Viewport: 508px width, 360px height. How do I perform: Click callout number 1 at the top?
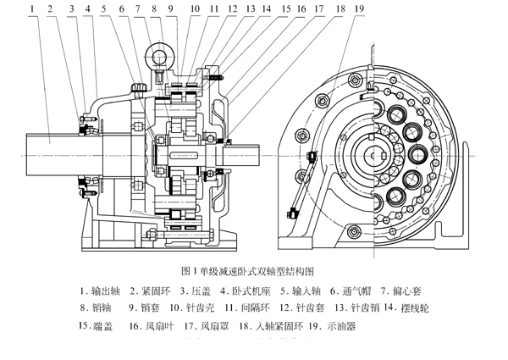tap(32, 8)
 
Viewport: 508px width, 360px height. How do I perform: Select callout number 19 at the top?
tap(361, 8)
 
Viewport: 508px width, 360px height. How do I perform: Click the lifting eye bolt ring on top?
tap(160, 58)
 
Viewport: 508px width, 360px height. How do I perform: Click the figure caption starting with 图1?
tap(254, 273)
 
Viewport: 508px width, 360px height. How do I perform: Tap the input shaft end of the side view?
tap(250, 158)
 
